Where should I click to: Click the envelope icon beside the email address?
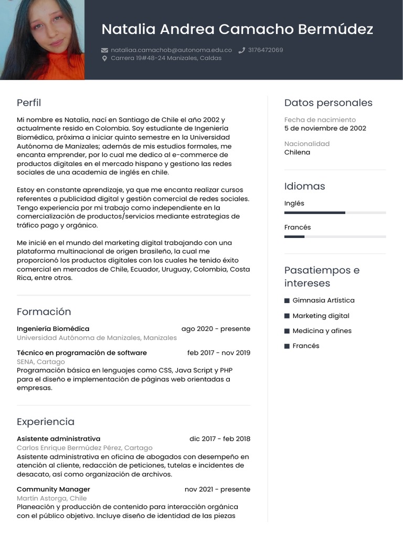104,50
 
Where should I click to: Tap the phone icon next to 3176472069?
242,50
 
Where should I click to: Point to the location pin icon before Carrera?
104,58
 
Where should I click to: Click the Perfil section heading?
29,102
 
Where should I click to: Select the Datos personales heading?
328,102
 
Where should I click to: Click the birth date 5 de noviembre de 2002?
325,128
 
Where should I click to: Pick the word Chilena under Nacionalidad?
297,152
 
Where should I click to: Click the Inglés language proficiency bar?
335,212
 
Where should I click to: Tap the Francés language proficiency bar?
335,236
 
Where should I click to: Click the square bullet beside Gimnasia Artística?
287,301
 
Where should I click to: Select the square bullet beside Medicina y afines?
287,331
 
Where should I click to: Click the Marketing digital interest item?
321,316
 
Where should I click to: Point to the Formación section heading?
44,312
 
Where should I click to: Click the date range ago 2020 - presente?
216,329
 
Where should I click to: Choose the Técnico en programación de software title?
82,353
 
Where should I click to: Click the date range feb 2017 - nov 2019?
219,353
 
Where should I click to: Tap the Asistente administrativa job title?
58,439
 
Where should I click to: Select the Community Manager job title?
54,489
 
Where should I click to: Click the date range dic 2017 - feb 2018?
220,439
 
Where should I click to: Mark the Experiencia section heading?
46,421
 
